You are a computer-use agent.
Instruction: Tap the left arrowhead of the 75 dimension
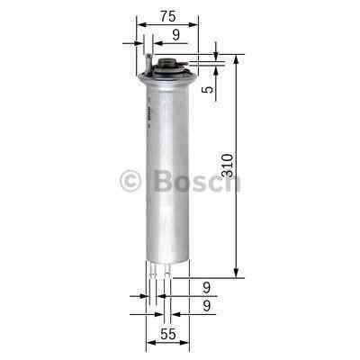point(140,25)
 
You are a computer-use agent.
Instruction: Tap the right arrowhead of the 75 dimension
point(193,25)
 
